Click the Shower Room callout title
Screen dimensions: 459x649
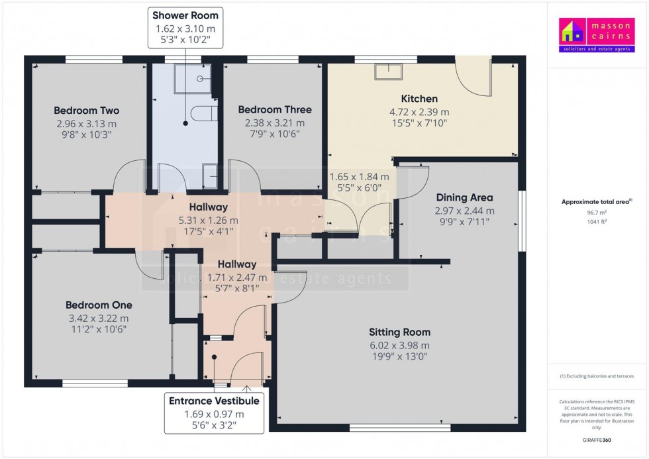click(185, 15)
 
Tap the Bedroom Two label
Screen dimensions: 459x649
click(86, 111)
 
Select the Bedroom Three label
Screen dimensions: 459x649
click(275, 110)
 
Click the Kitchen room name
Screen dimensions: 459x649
click(419, 99)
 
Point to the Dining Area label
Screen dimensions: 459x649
click(464, 197)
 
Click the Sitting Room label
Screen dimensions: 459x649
click(399, 332)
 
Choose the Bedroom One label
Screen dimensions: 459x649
click(99, 305)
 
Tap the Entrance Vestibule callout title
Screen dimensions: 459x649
click(214, 401)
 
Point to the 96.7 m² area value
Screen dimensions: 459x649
click(598, 213)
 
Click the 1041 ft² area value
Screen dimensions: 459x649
click(598, 221)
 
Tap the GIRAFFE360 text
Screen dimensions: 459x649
click(598, 439)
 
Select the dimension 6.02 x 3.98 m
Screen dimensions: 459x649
click(399, 345)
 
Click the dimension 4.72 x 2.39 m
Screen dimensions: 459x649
click(419, 112)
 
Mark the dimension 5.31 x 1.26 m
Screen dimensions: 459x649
click(208, 221)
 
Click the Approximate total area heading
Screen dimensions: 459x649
click(597, 201)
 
